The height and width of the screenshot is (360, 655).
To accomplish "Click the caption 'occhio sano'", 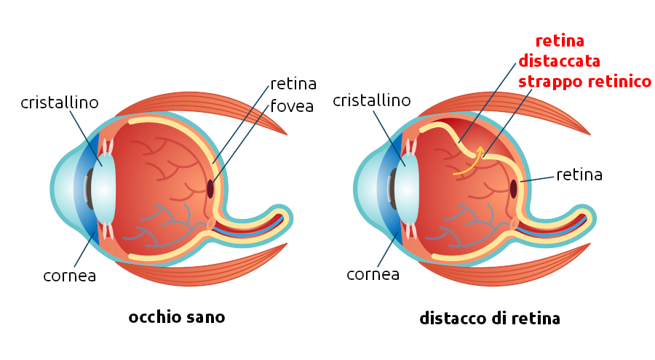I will tap(176, 317).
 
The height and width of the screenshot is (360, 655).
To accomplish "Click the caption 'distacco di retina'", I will tap(489, 319).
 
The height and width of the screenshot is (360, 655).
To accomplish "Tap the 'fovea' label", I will tap(291, 106).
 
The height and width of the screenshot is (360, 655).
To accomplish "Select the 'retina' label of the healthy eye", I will tap(293, 83).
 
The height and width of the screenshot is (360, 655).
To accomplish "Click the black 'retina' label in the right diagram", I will tap(579, 175).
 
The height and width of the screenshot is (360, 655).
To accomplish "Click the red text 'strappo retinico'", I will tap(584, 81).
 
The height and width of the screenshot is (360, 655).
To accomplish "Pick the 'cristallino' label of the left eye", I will tap(59, 103).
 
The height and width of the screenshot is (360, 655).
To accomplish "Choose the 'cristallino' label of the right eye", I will tap(371, 100).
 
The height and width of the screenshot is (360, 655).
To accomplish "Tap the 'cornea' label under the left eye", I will tap(70, 276).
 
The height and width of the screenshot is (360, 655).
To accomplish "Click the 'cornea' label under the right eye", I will tap(373, 274).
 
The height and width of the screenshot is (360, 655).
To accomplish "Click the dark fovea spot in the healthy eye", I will tap(211, 188).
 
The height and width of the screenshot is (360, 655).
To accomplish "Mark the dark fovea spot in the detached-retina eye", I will tap(514, 188).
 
